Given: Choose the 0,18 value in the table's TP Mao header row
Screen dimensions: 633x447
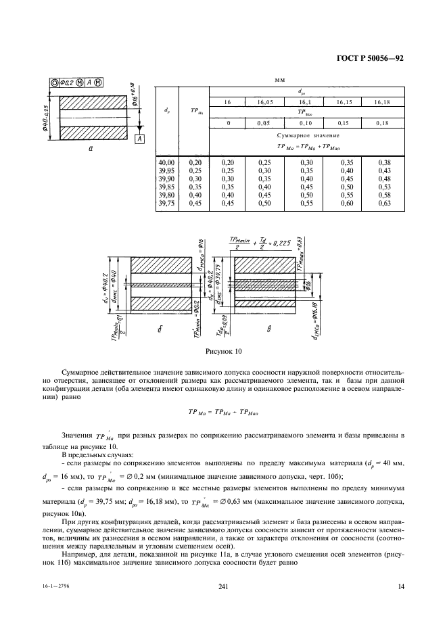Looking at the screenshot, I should [383, 124].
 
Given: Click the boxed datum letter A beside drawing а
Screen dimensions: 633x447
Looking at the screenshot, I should [139, 139].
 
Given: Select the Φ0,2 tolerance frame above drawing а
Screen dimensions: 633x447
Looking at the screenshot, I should [70, 83].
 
